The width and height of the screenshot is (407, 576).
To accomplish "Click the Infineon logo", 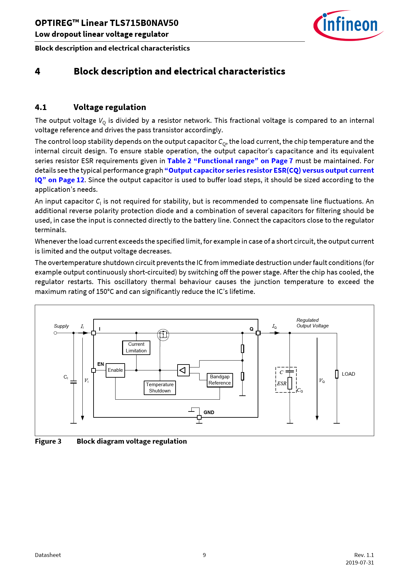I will click(x=348, y=25).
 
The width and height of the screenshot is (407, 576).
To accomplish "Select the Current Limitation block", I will click(x=136, y=347).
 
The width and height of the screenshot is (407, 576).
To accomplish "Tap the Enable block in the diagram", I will click(x=115, y=370).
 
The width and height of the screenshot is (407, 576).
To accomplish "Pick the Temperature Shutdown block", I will click(x=160, y=388).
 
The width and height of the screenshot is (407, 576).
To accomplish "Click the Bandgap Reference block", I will click(x=220, y=380).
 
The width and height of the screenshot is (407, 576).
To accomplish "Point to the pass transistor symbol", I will click(x=163, y=335).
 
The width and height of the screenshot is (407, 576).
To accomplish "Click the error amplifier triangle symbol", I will click(x=183, y=370).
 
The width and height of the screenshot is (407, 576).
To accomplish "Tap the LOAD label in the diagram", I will click(x=348, y=374).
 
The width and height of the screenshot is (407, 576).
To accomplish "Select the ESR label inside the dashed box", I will click(x=282, y=383).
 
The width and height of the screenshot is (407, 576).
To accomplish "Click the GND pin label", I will click(x=209, y=412).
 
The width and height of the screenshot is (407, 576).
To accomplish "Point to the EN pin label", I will click(x=100, y=364).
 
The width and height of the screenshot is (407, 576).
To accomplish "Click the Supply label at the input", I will click(x=61, y=326).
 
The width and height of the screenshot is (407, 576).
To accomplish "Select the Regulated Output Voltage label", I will click(x=312, y=323).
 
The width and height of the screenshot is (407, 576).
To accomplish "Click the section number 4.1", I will click(x=41, y=107).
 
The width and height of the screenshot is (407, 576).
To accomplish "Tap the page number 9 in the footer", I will click(x=204, y=555).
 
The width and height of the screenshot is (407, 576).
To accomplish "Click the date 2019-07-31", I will click(x=359, y=563).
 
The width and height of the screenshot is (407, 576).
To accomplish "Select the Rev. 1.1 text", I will click(x=364, y=555).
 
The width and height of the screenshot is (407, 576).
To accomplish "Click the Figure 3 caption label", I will click(x=48, y=441).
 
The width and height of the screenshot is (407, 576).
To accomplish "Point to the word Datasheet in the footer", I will click(x=48, y=555).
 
